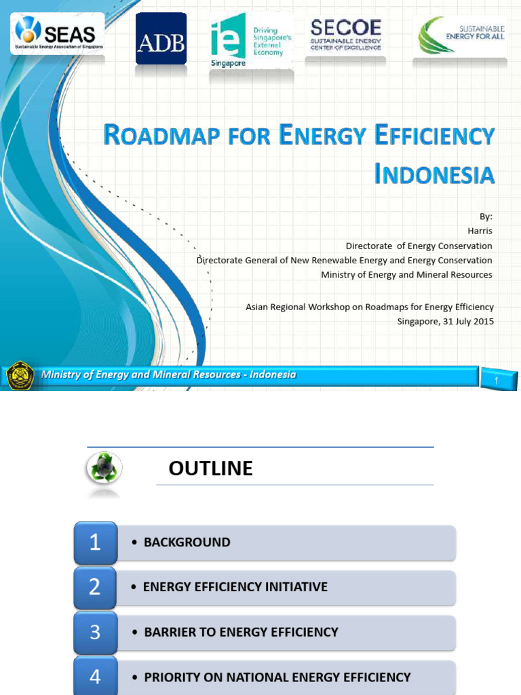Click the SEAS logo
[58, 34]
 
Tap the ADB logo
[161, 39]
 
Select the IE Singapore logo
[250, 41]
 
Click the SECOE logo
[346, 36]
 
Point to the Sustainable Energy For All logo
[461, 35]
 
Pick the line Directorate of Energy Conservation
[419, 246]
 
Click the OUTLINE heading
[210, 468]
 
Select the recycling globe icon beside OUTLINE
[104, 469]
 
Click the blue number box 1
[95, 542]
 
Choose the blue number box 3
[95, 632]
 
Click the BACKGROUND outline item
[187, 542]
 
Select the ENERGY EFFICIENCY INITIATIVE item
[235, 587]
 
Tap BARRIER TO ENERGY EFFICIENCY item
[241, 632]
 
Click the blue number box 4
[95, 676]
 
